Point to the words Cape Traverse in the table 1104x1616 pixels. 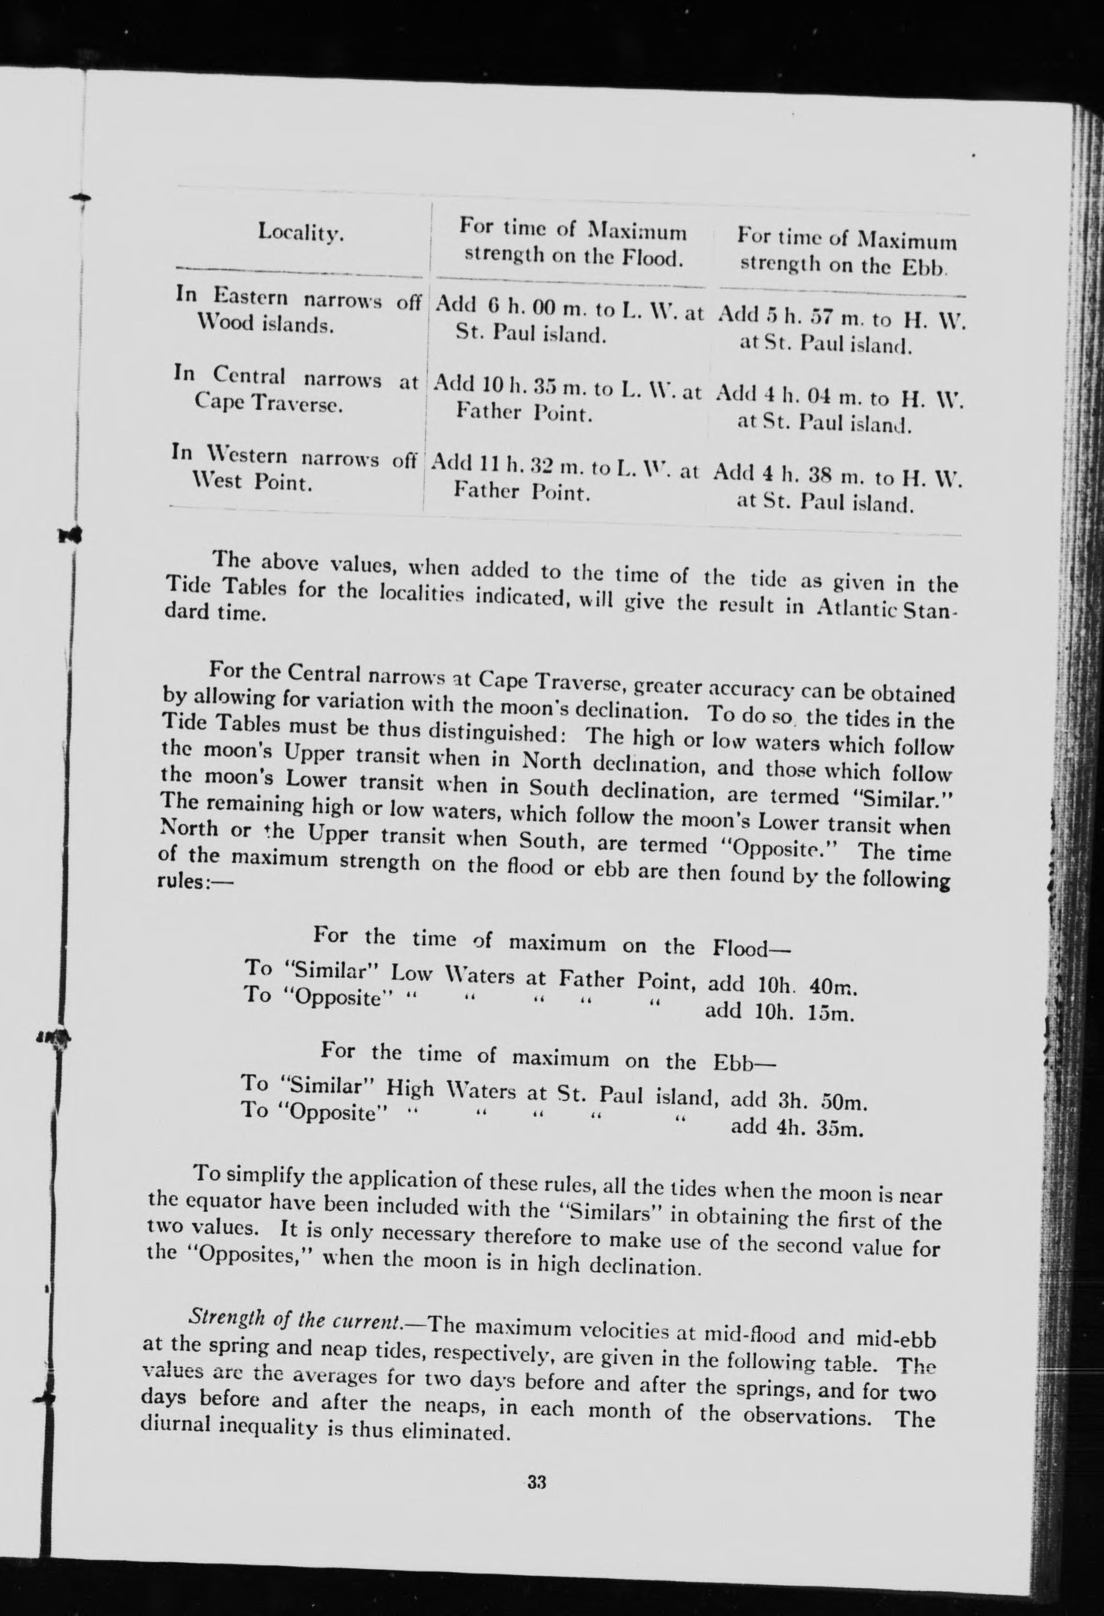(x=267, y=404)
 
